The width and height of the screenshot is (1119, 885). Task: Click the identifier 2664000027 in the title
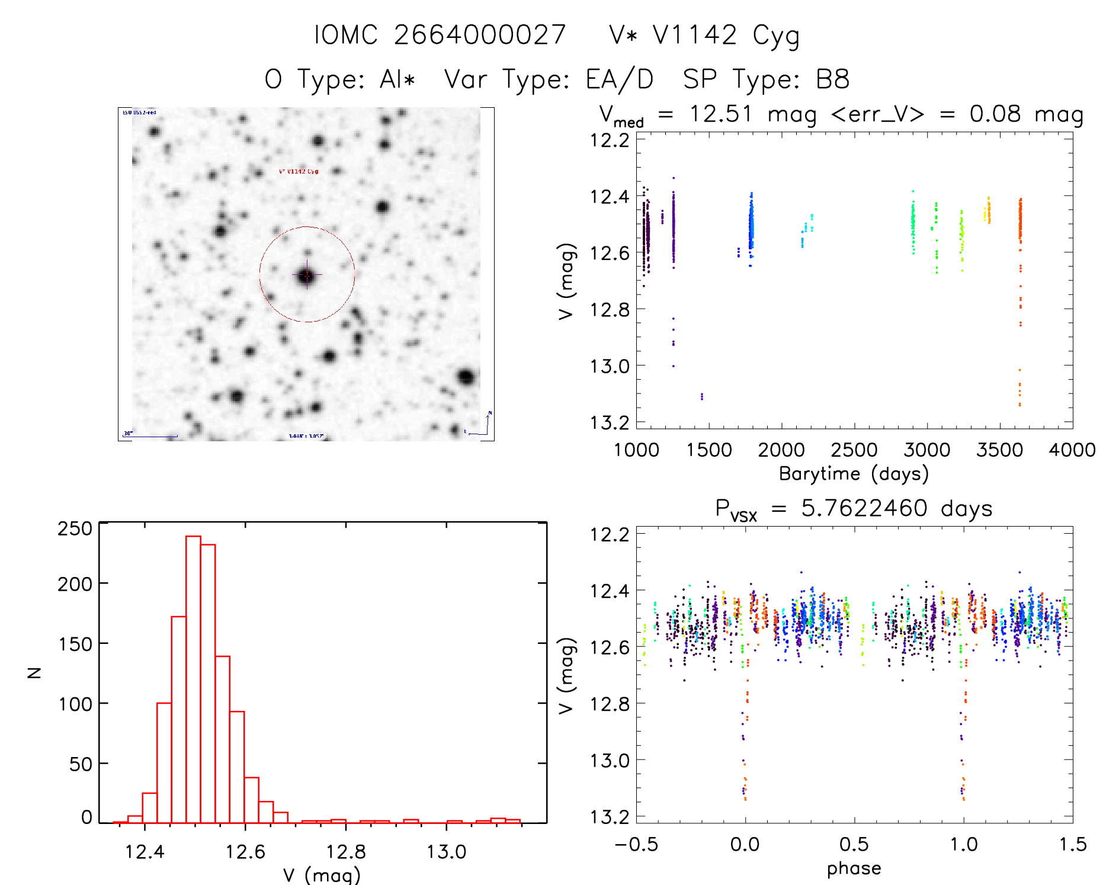(479, 35)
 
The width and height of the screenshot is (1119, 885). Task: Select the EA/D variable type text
(619, 79)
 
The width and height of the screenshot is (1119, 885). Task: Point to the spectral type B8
(832, 79)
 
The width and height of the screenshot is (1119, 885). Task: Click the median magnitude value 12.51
(720, 114)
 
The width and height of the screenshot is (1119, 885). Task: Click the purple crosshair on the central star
(307, 275)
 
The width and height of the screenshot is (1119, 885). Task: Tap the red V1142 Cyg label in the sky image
(299, 171)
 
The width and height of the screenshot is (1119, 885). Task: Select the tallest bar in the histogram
(193, 679)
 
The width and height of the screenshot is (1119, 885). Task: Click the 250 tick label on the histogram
(75, 528)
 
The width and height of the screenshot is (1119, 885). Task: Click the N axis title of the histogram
(34, 672)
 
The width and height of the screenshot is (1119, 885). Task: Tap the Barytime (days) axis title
(853, 474)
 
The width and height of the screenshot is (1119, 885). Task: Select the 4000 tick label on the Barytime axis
(1072, 450)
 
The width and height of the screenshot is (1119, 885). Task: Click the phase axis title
(854, 868)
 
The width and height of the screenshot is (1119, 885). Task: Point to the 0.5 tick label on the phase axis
(854, 844)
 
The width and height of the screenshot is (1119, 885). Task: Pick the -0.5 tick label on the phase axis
(636, 844)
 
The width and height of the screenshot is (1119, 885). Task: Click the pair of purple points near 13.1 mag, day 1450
(702, 396)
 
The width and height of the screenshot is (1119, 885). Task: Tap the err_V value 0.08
(995, 114)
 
